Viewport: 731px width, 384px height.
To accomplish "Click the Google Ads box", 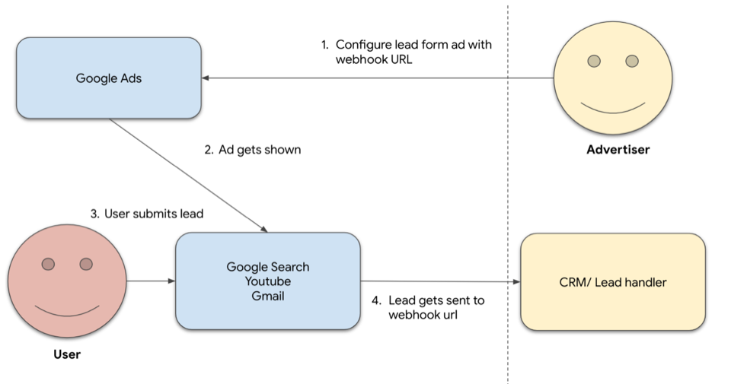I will click(x=108, y=78).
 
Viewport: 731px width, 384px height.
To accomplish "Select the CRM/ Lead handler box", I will click(x=612, y=282).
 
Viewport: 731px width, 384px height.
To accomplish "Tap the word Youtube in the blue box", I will click(x=268, y=281).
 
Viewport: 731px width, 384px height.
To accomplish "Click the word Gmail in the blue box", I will click(x=268, y=296).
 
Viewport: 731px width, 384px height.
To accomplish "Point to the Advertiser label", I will click(x=618, y=150).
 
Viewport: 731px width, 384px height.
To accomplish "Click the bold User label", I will click(x=67, y=354).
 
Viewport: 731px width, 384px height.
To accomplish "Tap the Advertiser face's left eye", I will click(x=594, y=61).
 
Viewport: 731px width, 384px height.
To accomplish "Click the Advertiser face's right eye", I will click(x=632, y=61).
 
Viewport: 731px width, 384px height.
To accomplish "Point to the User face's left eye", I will click(x=48, y=264).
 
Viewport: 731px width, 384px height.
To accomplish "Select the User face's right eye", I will click(x=86, y=264).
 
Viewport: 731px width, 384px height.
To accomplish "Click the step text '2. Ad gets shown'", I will click(x=253, y=150).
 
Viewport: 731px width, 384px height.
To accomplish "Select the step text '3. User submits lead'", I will click(x=147, y=214).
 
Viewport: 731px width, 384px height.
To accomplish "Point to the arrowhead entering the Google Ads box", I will click(x=206, y=78).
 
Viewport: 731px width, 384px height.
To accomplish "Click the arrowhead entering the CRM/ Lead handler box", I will click(x=516, y=282).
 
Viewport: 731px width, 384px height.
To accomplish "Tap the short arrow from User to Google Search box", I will click(x=151, y=281).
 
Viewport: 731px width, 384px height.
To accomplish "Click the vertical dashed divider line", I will click(x=508, y=190).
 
